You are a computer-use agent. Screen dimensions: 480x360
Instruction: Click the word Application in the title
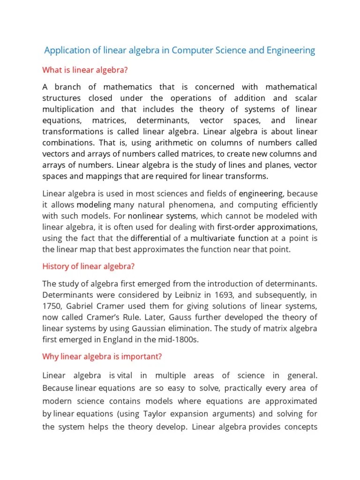point(66,50)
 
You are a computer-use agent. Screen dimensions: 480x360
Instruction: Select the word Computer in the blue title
point(191,50)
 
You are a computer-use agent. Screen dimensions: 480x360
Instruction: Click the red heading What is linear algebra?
point(85,70)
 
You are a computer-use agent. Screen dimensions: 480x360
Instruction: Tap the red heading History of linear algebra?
point(89,266)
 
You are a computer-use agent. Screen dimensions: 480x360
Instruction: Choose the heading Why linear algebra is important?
point(102,356)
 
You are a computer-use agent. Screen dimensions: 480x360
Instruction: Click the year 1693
point(232,295)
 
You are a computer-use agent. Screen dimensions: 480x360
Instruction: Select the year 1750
point(52,306)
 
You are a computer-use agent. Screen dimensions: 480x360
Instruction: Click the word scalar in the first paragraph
point(305,98)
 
